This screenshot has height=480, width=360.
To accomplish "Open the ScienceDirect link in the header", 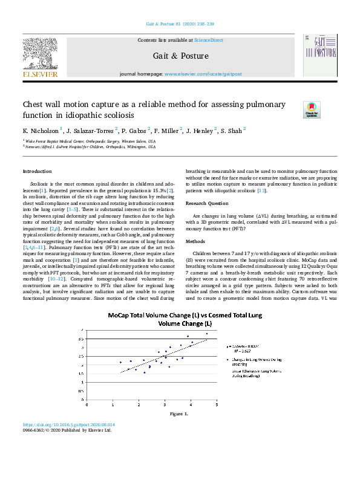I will (x=208, y=41).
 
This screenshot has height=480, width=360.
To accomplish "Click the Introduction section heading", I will (x=37, y=172).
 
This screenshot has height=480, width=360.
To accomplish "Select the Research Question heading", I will (x=207, y=203).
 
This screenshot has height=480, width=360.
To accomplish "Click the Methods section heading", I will (x=195, y=241).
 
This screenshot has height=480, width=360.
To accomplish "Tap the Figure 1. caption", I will (x=179, y=414).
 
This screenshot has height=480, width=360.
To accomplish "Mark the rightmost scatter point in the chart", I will (x=206, y=334).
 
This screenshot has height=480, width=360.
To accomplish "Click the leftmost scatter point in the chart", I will (x=120, y=362).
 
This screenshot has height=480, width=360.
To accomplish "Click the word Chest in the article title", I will (x=33, y=105).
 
